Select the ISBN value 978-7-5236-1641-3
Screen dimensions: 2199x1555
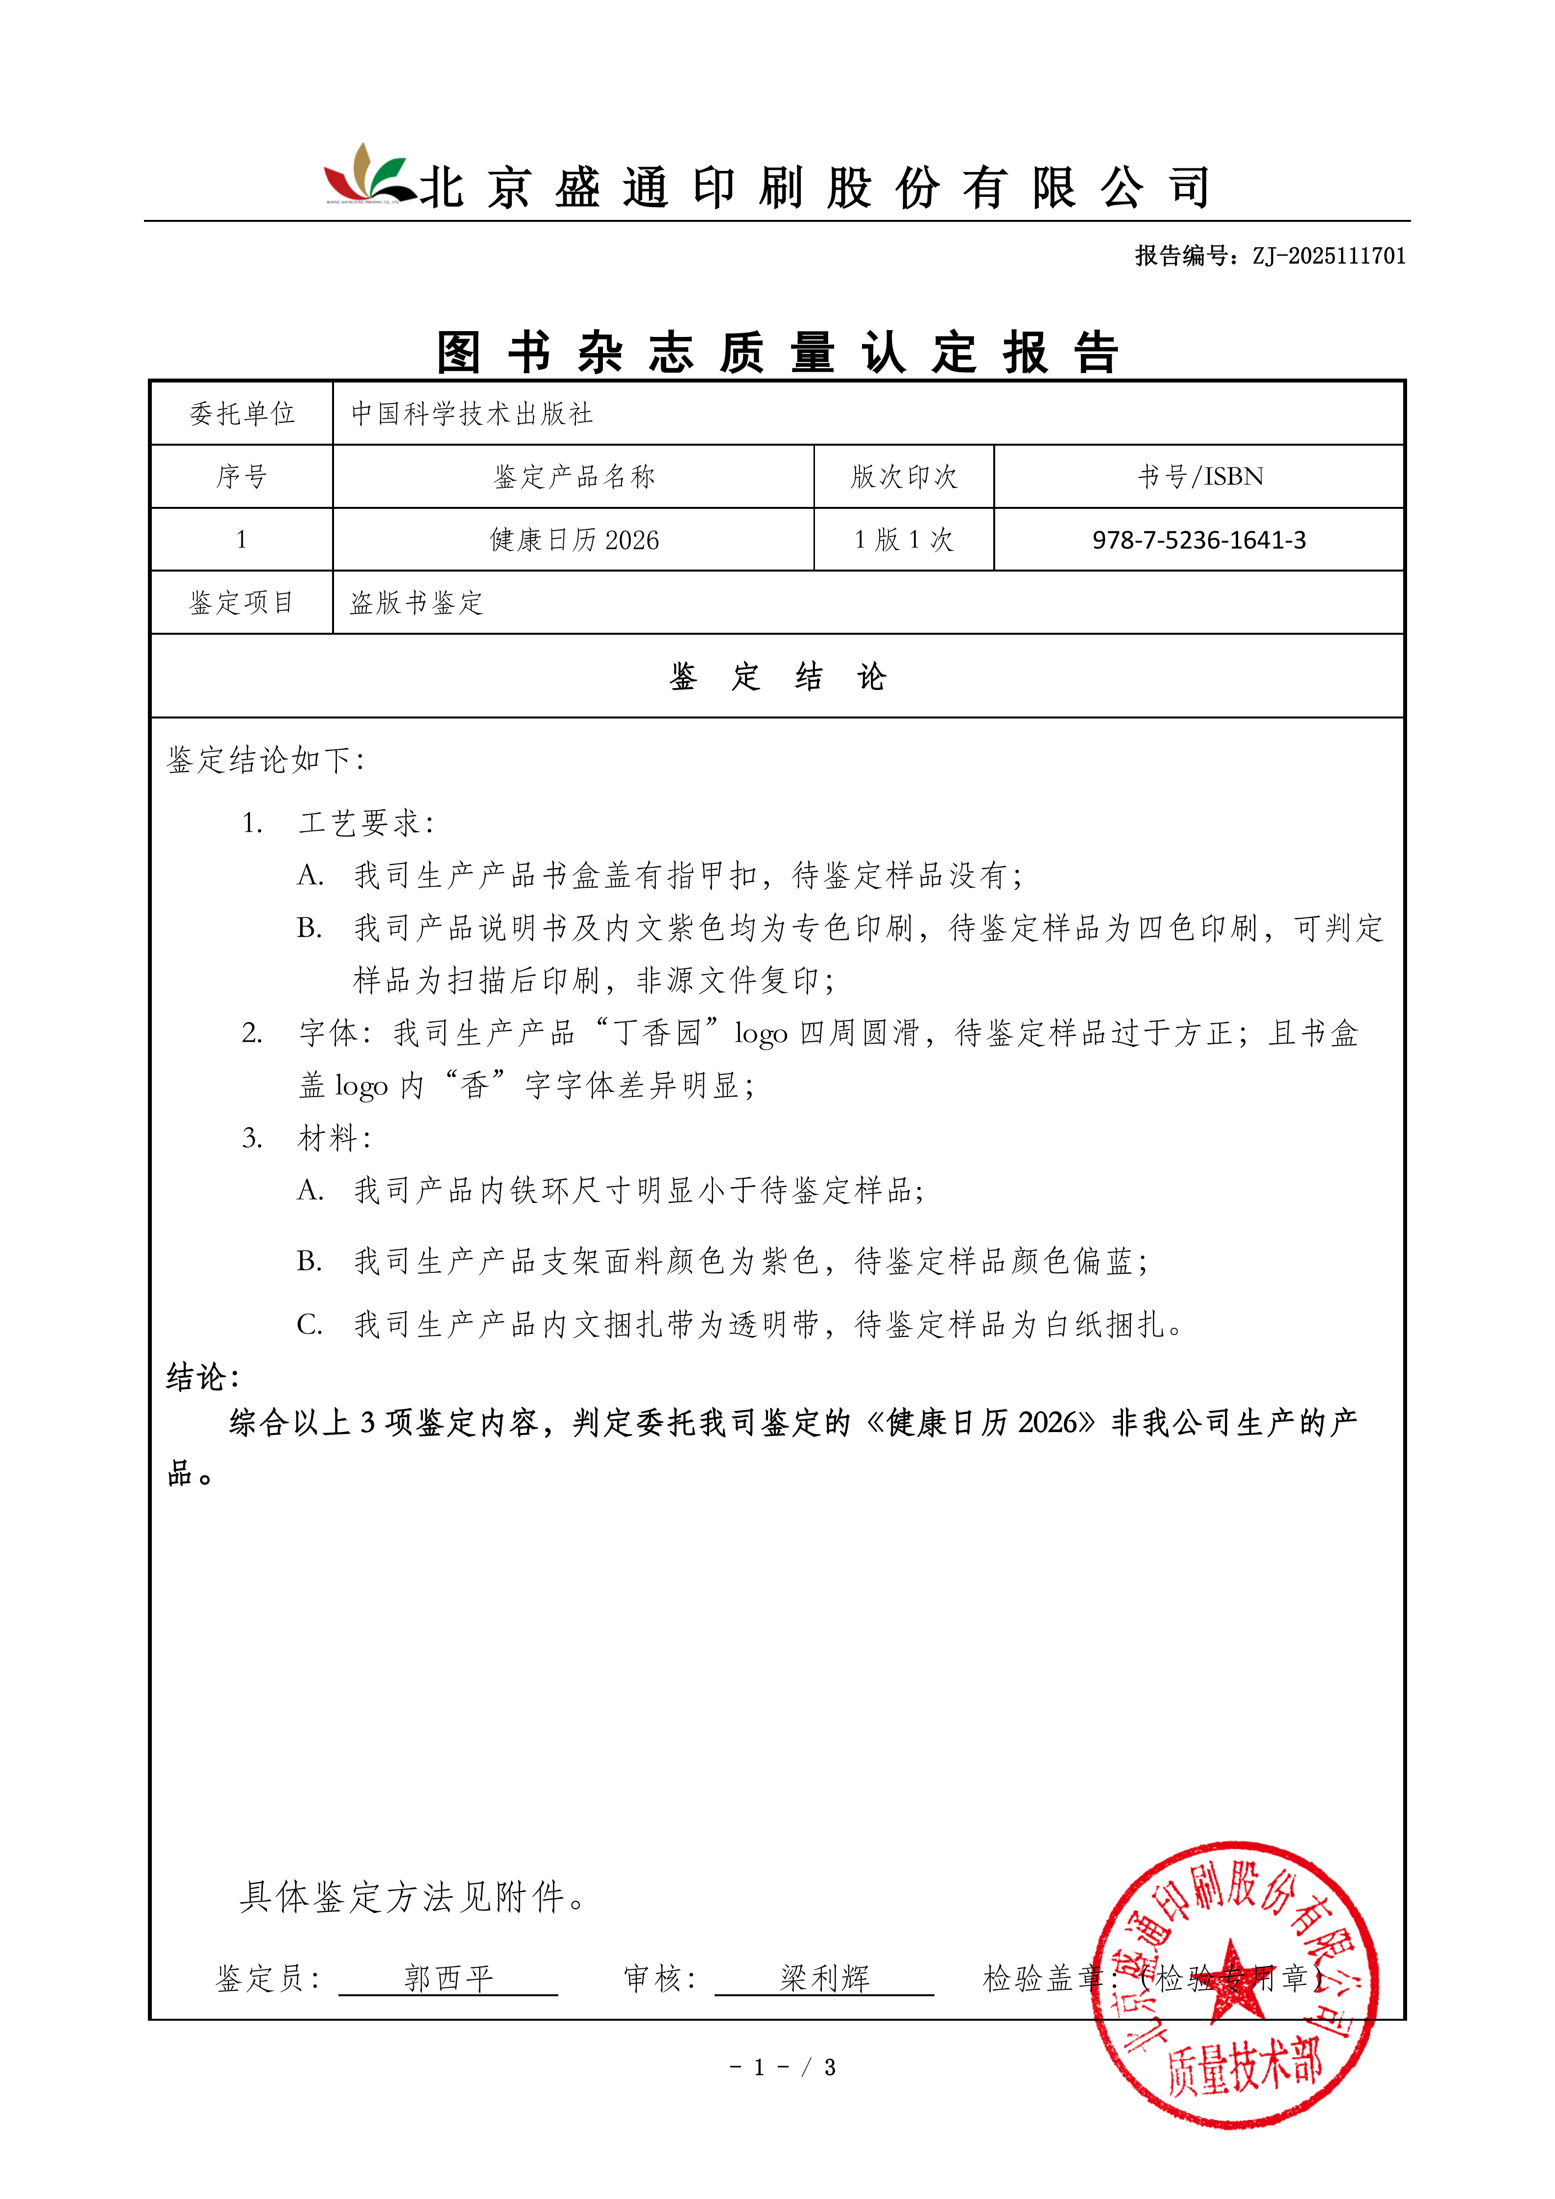coord(1199,540)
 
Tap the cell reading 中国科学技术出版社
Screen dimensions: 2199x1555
coord(472,414)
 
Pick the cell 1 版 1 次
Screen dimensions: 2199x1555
coord(904,540)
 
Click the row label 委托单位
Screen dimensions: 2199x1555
coord(241,414)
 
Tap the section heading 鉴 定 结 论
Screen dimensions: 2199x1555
coord(778,677)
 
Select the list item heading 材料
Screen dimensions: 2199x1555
coord(333,1138)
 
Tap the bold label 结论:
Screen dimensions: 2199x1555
coord(202,1377)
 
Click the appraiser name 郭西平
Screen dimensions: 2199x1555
coord(448,1978)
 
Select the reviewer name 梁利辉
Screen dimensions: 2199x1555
coord(824,1978)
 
